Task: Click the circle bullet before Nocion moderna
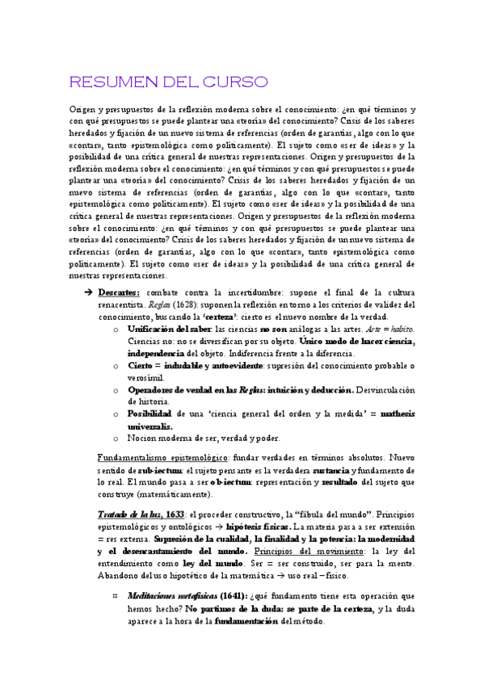tap(118, 439)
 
